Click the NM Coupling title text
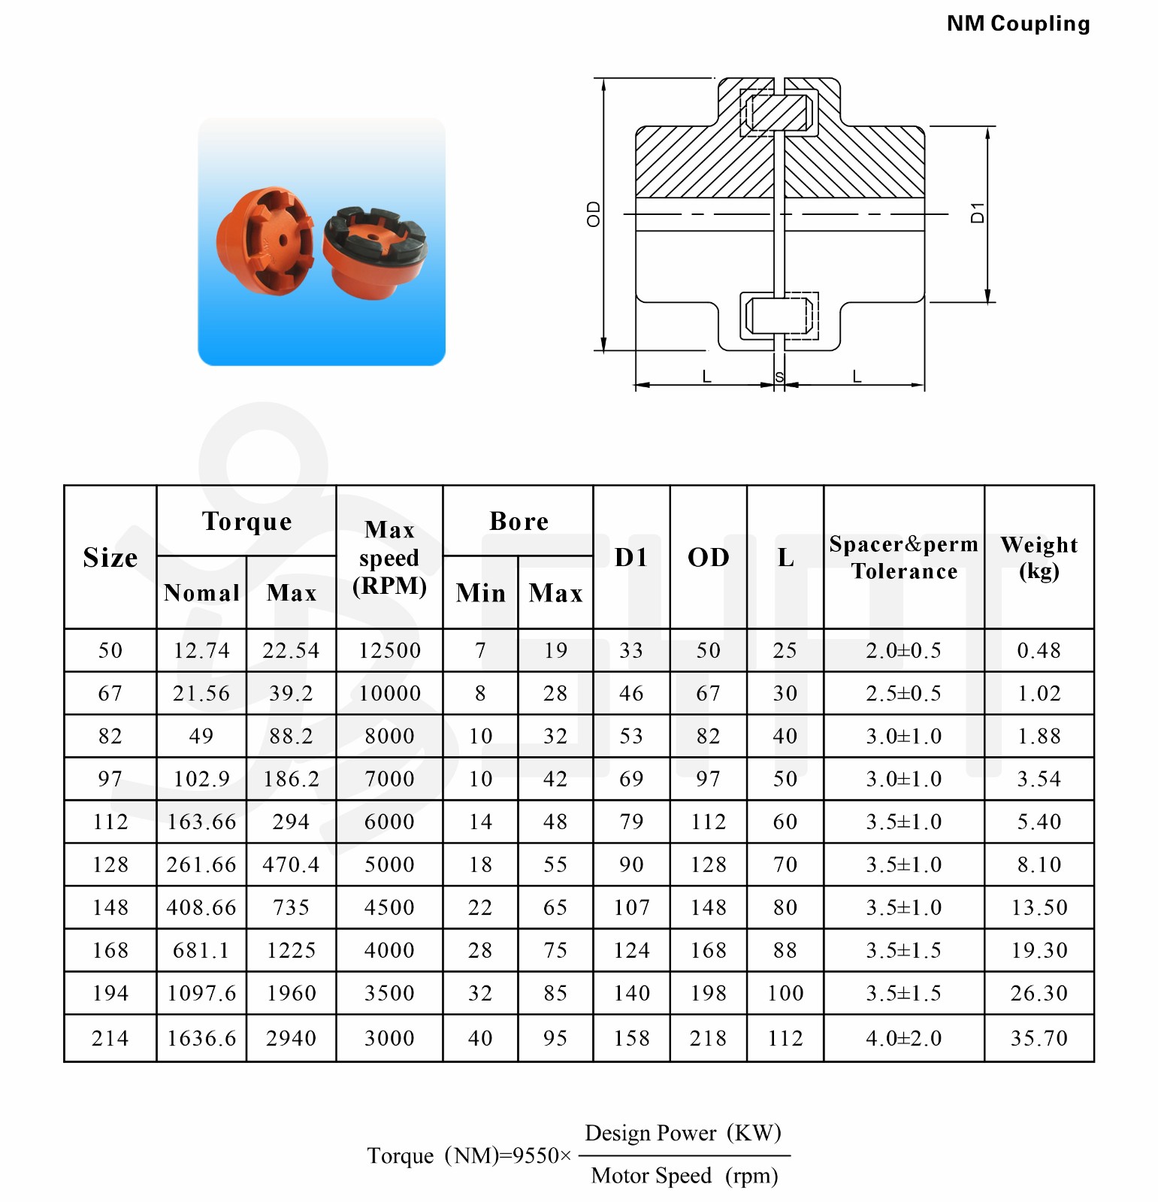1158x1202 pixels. coord(1017,24)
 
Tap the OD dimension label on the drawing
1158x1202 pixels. coord(594,214)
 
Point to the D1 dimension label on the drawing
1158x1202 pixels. coord(977,213)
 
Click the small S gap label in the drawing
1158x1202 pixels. coord(779,377)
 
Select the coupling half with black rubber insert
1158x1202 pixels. coord(374,252)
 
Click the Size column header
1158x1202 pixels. coord(110,557)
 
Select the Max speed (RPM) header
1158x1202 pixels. coord(389,557)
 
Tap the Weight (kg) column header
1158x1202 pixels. coord(1039,557)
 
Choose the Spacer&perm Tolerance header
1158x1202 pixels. coord(903,557)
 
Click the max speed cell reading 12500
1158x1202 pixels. coord(389,650)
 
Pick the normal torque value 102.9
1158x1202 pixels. coord(201,779)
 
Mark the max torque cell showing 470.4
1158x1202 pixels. coord(291,864)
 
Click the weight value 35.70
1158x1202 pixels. coord(1039,1038)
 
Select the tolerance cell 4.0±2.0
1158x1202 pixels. coord(903,1038)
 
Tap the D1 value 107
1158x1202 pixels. coord(631,907)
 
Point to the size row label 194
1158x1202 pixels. coord(110,993)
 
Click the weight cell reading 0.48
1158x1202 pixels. coord(1039,650)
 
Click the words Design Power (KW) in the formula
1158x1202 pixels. coord(683,1133)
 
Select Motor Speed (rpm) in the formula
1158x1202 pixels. coord(684,1176)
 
